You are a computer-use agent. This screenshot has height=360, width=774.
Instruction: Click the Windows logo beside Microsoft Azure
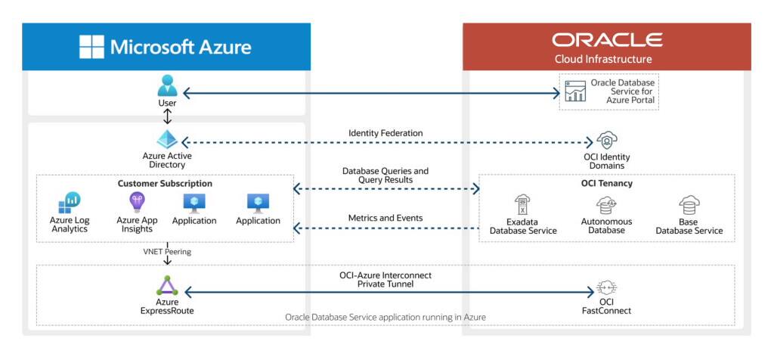[92, 47]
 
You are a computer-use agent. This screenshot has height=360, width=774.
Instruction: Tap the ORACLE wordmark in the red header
[606, 40]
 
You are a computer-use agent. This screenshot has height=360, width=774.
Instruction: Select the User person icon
[167, 85]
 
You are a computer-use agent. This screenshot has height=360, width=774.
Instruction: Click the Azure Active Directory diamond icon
[167, 140]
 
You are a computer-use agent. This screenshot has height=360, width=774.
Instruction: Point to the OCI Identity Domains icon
[605, 141]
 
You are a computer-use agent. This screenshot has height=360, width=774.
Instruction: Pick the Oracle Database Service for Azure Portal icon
[575, 91]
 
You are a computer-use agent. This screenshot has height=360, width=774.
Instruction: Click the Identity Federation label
[385, 133]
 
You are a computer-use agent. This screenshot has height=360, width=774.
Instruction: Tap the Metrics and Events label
[385, 218]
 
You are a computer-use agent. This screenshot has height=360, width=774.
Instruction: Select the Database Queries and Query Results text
[385, 175]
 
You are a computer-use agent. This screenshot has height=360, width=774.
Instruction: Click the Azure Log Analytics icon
[70, 202]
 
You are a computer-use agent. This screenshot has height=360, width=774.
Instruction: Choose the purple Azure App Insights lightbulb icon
[137, 201]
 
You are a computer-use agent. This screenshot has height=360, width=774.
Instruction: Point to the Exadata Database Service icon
[522, 205]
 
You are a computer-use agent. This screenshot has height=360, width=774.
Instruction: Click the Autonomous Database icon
[605, 205]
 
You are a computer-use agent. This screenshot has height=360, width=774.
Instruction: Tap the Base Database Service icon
[689, 205]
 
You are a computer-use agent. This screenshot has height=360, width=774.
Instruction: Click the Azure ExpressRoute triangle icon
[167, 286]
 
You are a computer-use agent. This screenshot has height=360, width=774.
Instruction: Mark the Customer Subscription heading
[165, 184]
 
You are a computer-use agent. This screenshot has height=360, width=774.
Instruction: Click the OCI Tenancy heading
[605, 184]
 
